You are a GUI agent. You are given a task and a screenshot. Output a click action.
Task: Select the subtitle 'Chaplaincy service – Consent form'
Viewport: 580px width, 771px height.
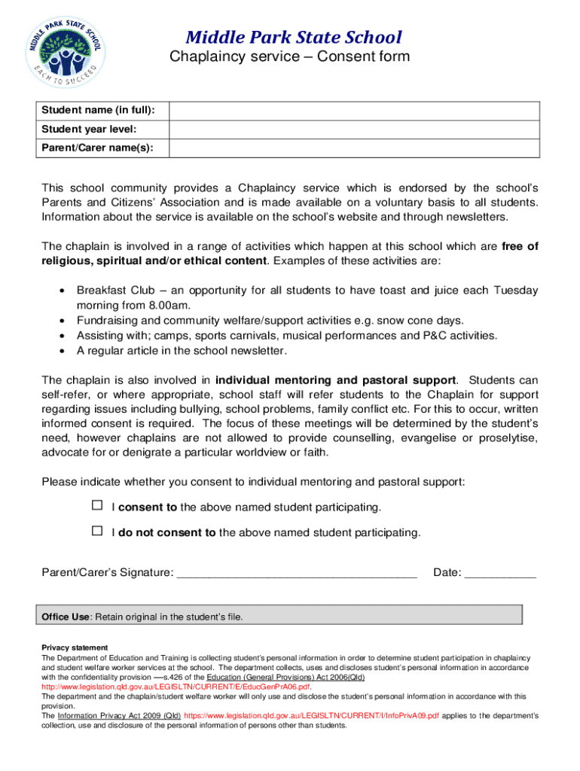pos(289,57)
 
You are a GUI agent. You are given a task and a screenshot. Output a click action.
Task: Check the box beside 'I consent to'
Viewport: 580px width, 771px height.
pos(97,505)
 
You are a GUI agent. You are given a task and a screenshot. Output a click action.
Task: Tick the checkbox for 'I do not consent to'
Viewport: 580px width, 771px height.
pos(97,531)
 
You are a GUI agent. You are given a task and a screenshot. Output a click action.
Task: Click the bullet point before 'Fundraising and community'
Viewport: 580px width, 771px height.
pos(60,320)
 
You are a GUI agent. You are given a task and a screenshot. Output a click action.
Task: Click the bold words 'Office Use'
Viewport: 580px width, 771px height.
pos(66,617)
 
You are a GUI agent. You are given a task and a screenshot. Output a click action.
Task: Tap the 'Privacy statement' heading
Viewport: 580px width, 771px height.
pos(75,648)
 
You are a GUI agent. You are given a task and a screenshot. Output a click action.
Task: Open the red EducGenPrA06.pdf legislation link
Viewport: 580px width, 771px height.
pos(176,687)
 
